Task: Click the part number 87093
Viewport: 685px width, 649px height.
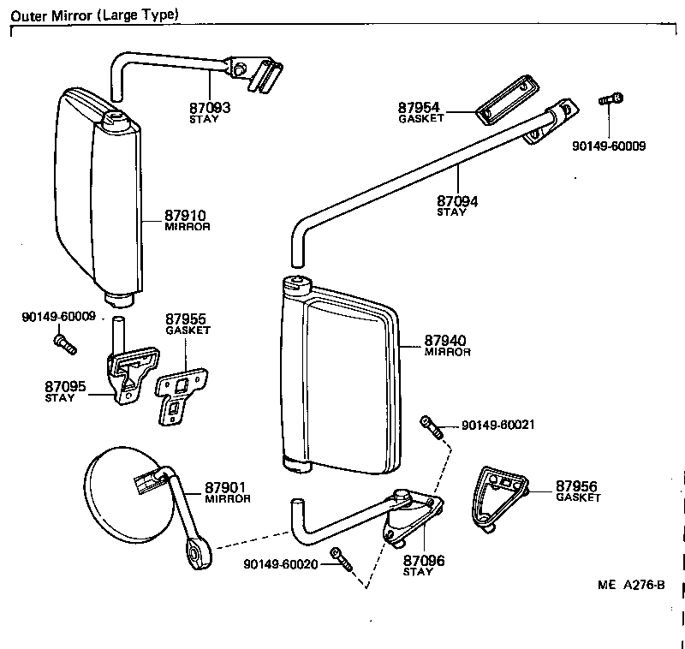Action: pos(210,108)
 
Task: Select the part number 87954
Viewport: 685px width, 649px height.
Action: pos(420,107)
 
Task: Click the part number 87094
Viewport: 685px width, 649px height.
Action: pos(458,201)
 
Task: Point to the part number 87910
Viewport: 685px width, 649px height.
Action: pos(187,216)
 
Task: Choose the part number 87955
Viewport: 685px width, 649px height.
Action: pos(187,318)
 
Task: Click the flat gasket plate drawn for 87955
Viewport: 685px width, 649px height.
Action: pos(181,395)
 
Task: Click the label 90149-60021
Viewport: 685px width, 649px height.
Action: pos(498,426)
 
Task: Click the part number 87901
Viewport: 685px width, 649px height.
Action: pos(226,488)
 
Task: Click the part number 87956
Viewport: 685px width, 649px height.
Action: pos(578,485)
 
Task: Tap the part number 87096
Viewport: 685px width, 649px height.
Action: pos(425,561)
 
